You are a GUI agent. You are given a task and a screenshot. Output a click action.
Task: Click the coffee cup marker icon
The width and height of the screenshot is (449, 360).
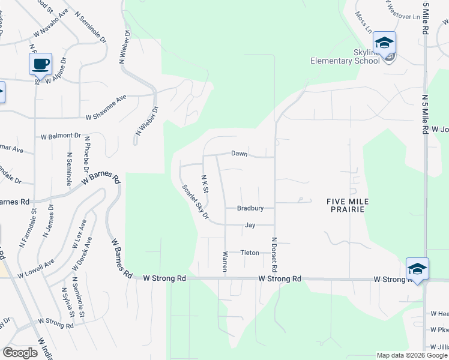click(40, 64)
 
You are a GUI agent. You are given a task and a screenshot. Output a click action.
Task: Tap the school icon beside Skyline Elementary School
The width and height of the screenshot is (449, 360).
click(384, 43)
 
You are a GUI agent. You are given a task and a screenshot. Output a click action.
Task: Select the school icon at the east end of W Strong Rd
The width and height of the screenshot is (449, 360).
click(417, 269)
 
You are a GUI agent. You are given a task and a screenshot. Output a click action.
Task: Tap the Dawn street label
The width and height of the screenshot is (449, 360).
click(240, 154)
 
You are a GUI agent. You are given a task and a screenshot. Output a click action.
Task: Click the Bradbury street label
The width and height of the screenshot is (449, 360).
click(250, 209)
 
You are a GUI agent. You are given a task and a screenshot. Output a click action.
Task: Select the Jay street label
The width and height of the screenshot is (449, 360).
click(250, 226)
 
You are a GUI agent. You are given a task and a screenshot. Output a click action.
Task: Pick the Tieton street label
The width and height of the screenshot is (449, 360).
click(250, 253)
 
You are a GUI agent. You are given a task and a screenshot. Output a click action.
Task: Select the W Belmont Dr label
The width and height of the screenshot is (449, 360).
click(61, 136)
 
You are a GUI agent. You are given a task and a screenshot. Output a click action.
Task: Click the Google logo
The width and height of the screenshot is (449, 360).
click(20, 353)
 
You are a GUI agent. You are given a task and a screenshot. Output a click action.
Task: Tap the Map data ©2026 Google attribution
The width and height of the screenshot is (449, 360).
click(411, 355)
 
